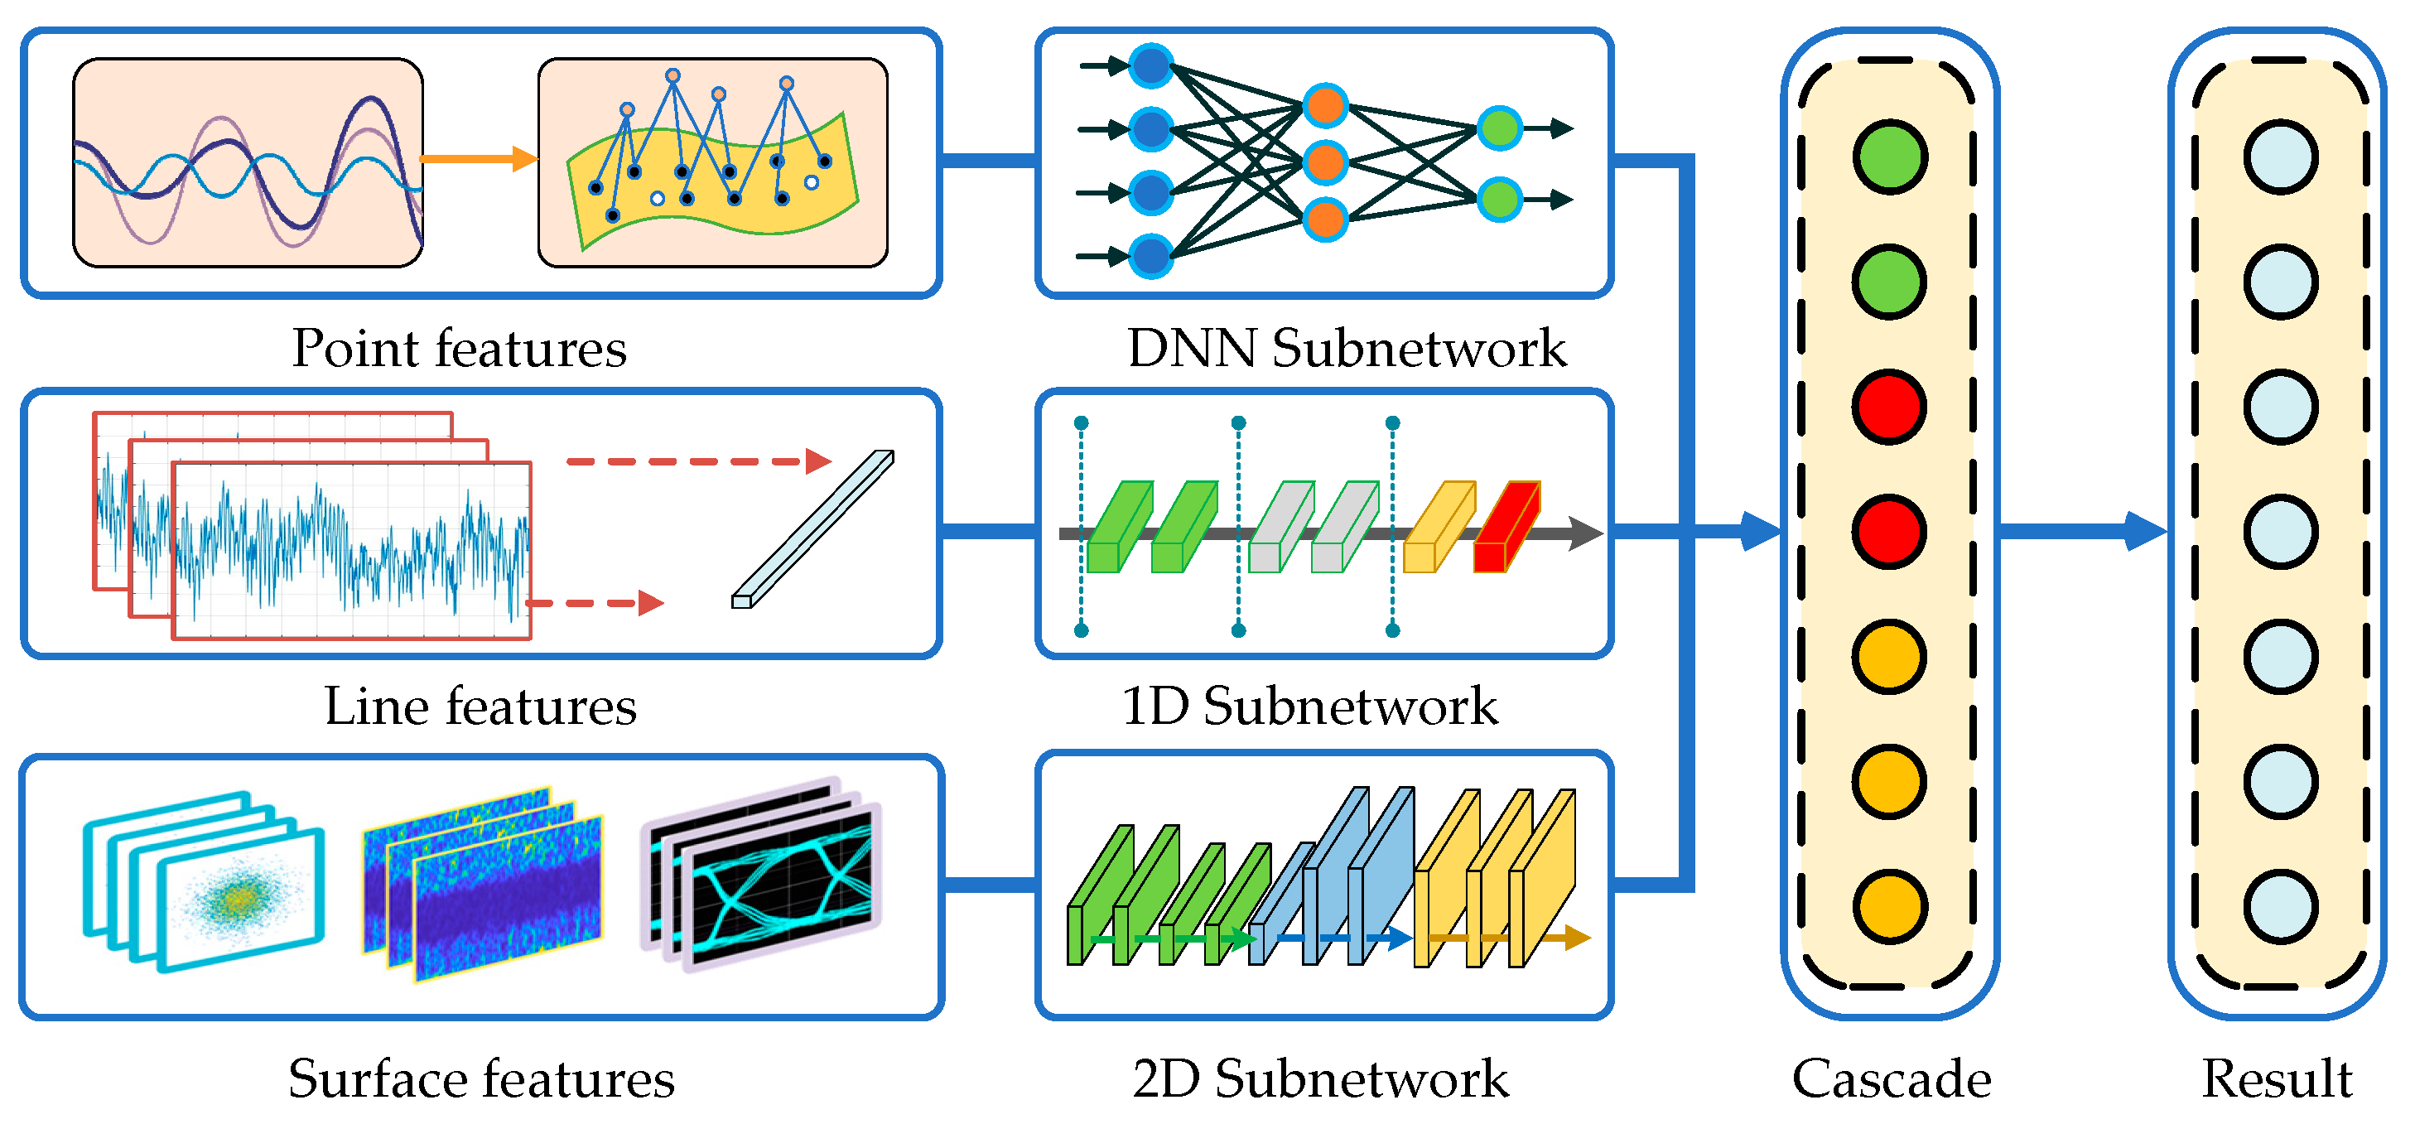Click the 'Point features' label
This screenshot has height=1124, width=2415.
459,349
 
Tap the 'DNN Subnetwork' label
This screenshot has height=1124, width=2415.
1347,349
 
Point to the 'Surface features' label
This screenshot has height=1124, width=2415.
481,1079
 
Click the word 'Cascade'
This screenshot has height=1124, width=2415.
1892,1079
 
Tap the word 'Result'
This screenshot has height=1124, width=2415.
2278,1079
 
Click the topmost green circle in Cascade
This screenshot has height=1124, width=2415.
1890,157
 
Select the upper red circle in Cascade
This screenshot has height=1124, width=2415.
1890,407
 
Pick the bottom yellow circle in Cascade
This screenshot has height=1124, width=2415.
1890,906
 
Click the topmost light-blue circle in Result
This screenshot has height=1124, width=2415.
2281,157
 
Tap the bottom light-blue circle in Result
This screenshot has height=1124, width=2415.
2281,906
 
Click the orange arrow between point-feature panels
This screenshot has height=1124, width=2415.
478,158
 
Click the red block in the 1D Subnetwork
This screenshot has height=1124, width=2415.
1505,528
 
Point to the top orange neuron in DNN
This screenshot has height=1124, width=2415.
1324,106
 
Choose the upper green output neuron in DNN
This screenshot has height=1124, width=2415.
1499,128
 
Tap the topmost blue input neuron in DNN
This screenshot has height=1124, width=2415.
1151,65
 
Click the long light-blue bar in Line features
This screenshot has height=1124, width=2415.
812,529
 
